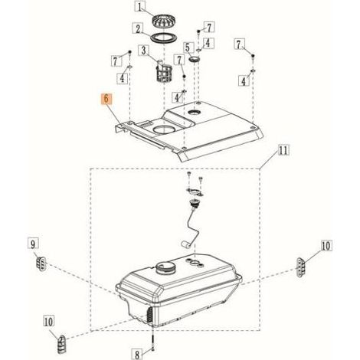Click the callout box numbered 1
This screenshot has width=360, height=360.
[x=140, y=7]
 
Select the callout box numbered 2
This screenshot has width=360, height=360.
[x=138, y=29]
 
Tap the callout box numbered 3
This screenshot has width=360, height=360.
[x=144, y=51]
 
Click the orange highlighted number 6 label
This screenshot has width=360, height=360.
[x=106, y=99]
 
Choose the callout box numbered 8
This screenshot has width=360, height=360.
[x=137, y=355]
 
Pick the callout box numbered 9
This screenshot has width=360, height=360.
[x=33, y=244]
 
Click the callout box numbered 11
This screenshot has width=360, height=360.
[x=284, y=150]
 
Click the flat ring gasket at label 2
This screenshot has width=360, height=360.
[x=163, y=38]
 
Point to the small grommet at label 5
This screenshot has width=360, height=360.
[x=195, y=60]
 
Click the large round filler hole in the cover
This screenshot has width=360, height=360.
[x=164, y=129]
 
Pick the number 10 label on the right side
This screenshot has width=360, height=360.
[x=326, y=246]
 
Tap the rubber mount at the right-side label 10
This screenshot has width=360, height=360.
[x=301, y=267]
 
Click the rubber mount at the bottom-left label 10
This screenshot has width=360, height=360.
[x=61, y=344]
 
